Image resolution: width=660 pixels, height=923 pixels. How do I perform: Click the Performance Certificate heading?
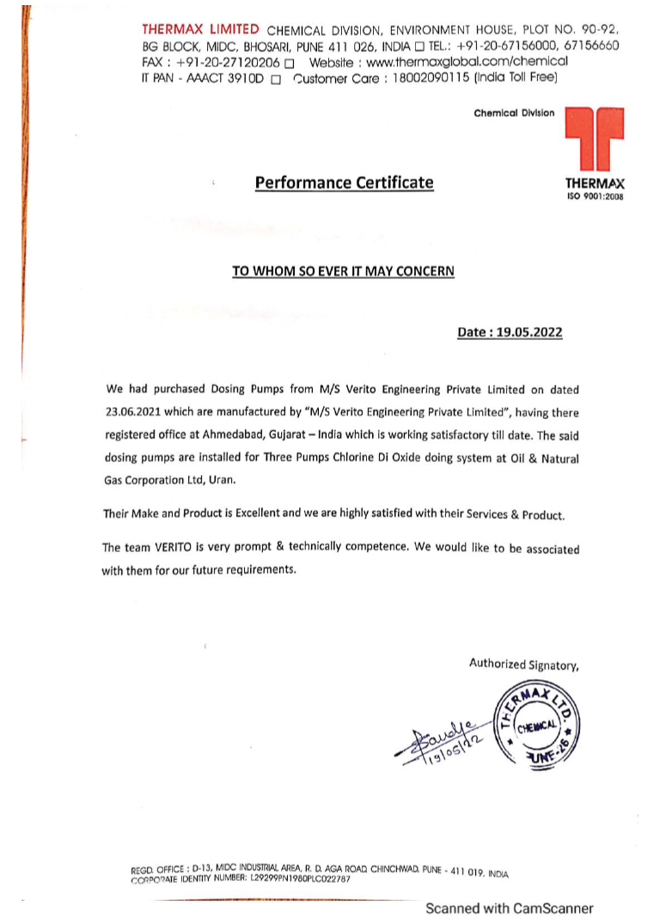(344, 183)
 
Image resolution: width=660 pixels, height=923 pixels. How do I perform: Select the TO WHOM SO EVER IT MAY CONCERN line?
(343, 270)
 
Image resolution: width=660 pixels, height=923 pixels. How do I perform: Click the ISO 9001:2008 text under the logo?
(595, 197)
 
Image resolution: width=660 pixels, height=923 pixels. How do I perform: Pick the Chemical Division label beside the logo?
(514, 113)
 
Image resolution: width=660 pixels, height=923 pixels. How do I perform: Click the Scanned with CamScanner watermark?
(509, 908)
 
